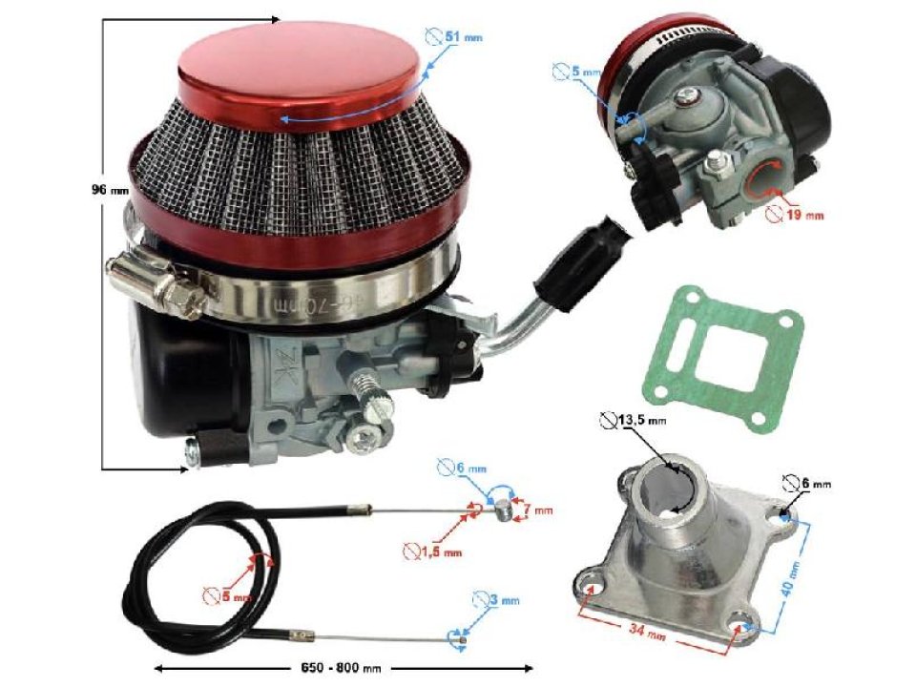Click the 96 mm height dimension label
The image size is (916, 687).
tap(107, 189)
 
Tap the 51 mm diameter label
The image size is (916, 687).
tap(463, 36)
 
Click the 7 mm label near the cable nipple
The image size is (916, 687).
tap(540, 511)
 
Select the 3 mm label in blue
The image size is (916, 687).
tap(503, 600)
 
